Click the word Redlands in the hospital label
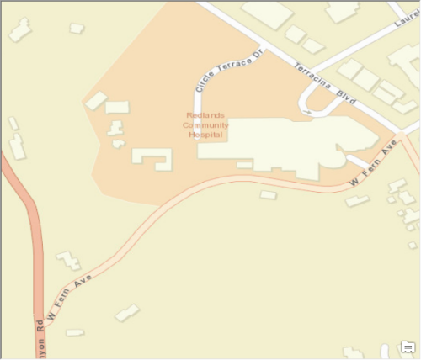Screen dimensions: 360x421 (206, 115)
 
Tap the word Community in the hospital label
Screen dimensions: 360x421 (206, 124)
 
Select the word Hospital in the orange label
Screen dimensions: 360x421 (206, 134)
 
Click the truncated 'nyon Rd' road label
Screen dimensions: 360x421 (39, 337)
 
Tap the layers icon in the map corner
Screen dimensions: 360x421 (408, 347)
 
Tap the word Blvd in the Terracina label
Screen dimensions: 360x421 (345, 99)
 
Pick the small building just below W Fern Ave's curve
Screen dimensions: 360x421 (268, 195)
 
